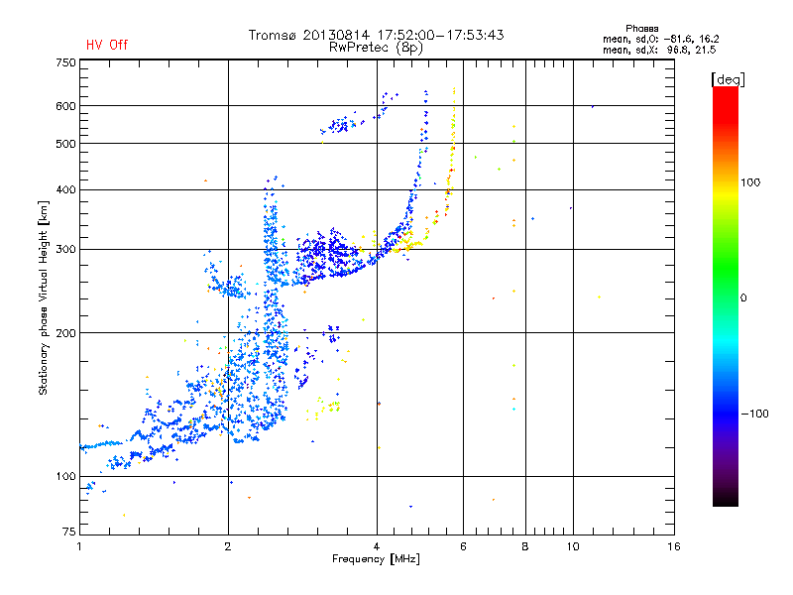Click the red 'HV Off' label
[x=107, y=45]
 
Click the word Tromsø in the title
[x=274, y=35]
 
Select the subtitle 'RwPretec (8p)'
[x=376, y=48]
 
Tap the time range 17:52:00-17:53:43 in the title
[x=440, y=35]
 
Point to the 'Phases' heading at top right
[x=641, y=29]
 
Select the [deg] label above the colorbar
[x=728, y=79]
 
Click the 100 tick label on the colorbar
[x=750, y=182]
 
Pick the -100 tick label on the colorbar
[x=754, y=414]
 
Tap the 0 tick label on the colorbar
[x=743, y=298]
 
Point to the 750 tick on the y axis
[x=65, y=62]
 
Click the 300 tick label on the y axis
[x=65, y=250]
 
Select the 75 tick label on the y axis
[x=69, y=532]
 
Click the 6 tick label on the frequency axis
[x=463, y=546]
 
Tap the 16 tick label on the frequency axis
[x=674, y=546]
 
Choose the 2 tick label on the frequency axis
[x=228, y=546]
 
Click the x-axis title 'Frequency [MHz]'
[x=376, y=559]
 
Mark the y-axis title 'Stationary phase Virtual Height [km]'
[x=44, y=298]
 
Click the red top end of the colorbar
[x=726, y=89]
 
